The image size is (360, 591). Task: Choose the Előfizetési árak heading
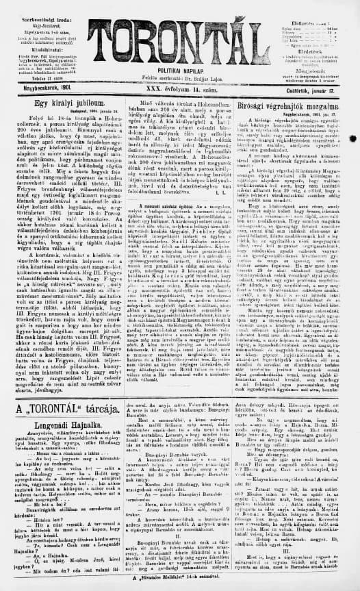[x=322, y=3]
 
